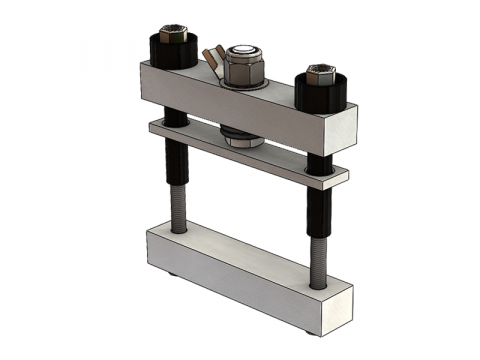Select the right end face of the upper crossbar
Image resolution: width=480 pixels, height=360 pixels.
[346, 130]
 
